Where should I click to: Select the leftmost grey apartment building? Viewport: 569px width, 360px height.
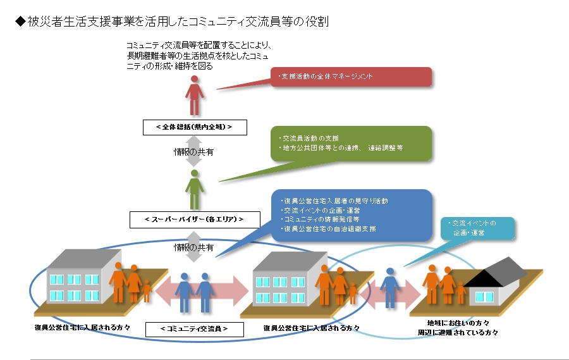[76, 278]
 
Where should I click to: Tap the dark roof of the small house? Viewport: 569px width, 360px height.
[499, 271]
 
